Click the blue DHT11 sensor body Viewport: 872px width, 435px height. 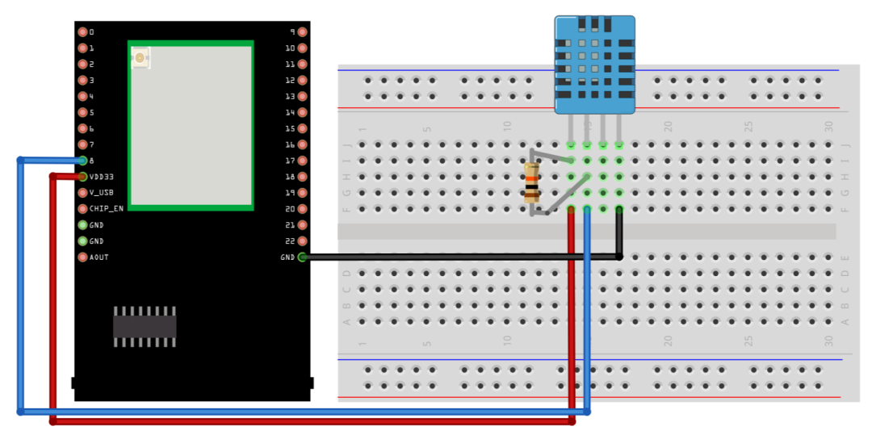point(594,65)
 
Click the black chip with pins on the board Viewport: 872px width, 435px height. point(145,326)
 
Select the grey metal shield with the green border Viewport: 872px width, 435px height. point(191,125)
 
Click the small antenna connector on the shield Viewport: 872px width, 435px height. point(140,58)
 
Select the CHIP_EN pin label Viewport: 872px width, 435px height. point(106,209)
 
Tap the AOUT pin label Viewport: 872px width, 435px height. point(99,257)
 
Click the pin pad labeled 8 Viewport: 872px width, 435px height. point(82,161)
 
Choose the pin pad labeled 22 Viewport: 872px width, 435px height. point(302,241)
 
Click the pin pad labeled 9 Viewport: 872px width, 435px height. point(302,32)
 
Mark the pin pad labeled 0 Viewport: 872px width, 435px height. point(82,32)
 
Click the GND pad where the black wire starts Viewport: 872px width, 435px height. point(302,257)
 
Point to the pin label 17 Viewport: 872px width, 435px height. point(290,161)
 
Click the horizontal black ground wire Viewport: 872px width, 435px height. point(460,257)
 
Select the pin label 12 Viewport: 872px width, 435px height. point(290,81)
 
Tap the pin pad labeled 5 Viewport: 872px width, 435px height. point(82,112)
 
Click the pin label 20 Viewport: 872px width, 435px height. point(290,209)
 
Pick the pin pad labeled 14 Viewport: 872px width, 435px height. point(302,112)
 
